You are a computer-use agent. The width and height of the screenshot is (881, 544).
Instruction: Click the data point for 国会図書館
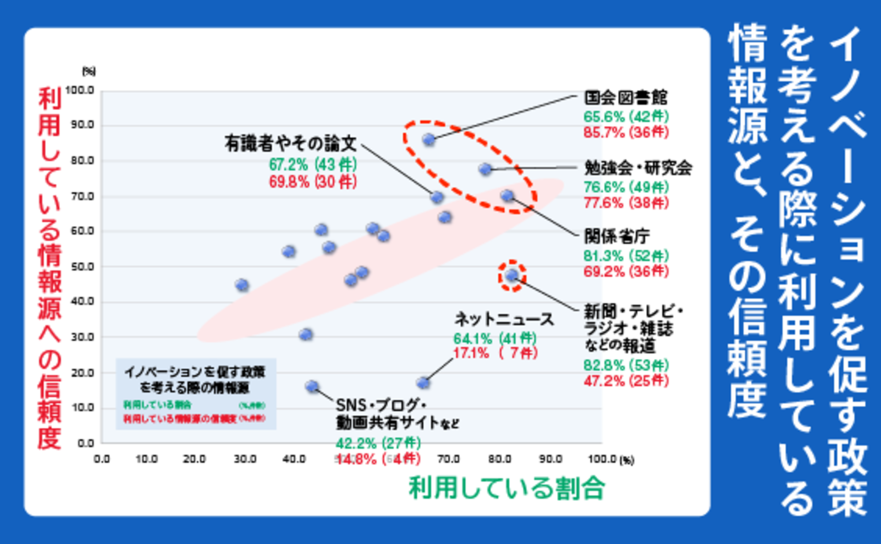(429, 140)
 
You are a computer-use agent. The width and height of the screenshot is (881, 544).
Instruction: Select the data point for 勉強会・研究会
(485, 169)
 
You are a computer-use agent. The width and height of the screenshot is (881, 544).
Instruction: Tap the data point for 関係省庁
(507, 195)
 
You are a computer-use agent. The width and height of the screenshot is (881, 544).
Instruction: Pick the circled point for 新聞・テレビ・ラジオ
(511, 276)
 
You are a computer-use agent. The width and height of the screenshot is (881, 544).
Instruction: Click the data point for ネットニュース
(423, 383)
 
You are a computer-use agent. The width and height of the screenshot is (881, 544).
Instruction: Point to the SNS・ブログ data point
(312, 387)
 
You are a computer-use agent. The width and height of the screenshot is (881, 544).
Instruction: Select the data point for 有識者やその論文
(437, 197)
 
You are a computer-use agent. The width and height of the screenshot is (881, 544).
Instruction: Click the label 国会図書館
(626, 97)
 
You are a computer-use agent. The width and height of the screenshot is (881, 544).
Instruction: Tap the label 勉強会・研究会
(638, 168)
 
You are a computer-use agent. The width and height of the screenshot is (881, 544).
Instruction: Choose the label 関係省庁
(617, 237)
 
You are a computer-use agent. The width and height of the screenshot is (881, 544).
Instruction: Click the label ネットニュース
(504, 319)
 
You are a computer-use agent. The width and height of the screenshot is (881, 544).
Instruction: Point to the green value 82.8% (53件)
(626, 365)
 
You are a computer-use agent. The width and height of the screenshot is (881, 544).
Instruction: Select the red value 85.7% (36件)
(626, 132)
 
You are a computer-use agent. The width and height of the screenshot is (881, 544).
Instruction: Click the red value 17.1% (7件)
(496, 353)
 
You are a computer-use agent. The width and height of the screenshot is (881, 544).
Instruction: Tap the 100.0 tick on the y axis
(80, 90)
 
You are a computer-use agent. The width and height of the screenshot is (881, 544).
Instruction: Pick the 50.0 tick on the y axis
(82, 267)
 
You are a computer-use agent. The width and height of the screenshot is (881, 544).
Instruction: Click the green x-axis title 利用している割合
(507, 488)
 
